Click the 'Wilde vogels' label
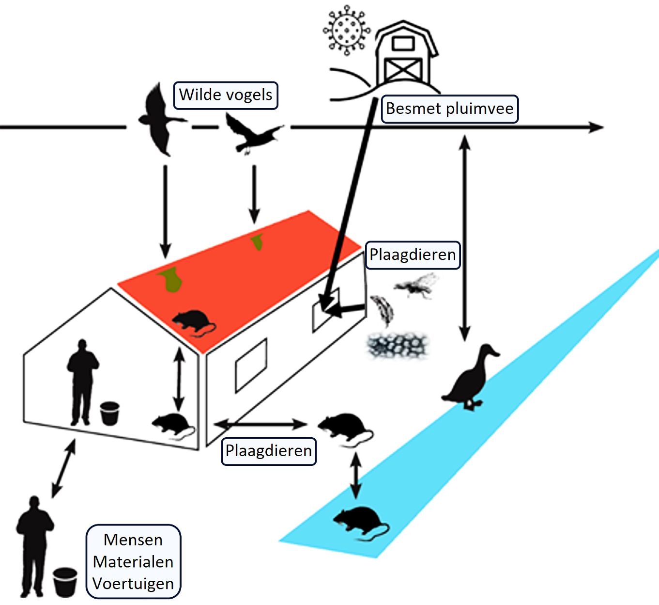(226, 95)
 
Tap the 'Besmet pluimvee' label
(449, 109)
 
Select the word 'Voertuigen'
(133, 584)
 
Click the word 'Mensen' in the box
(133, 540)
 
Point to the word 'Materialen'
(133, 562)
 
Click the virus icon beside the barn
(346, 29)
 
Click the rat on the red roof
(194, 322)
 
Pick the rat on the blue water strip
(360, 523)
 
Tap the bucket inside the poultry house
(109, 413)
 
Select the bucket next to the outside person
(65, 582)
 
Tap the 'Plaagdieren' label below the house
(269, 451)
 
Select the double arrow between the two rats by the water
(356, 475)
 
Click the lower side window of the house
(251, 365)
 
